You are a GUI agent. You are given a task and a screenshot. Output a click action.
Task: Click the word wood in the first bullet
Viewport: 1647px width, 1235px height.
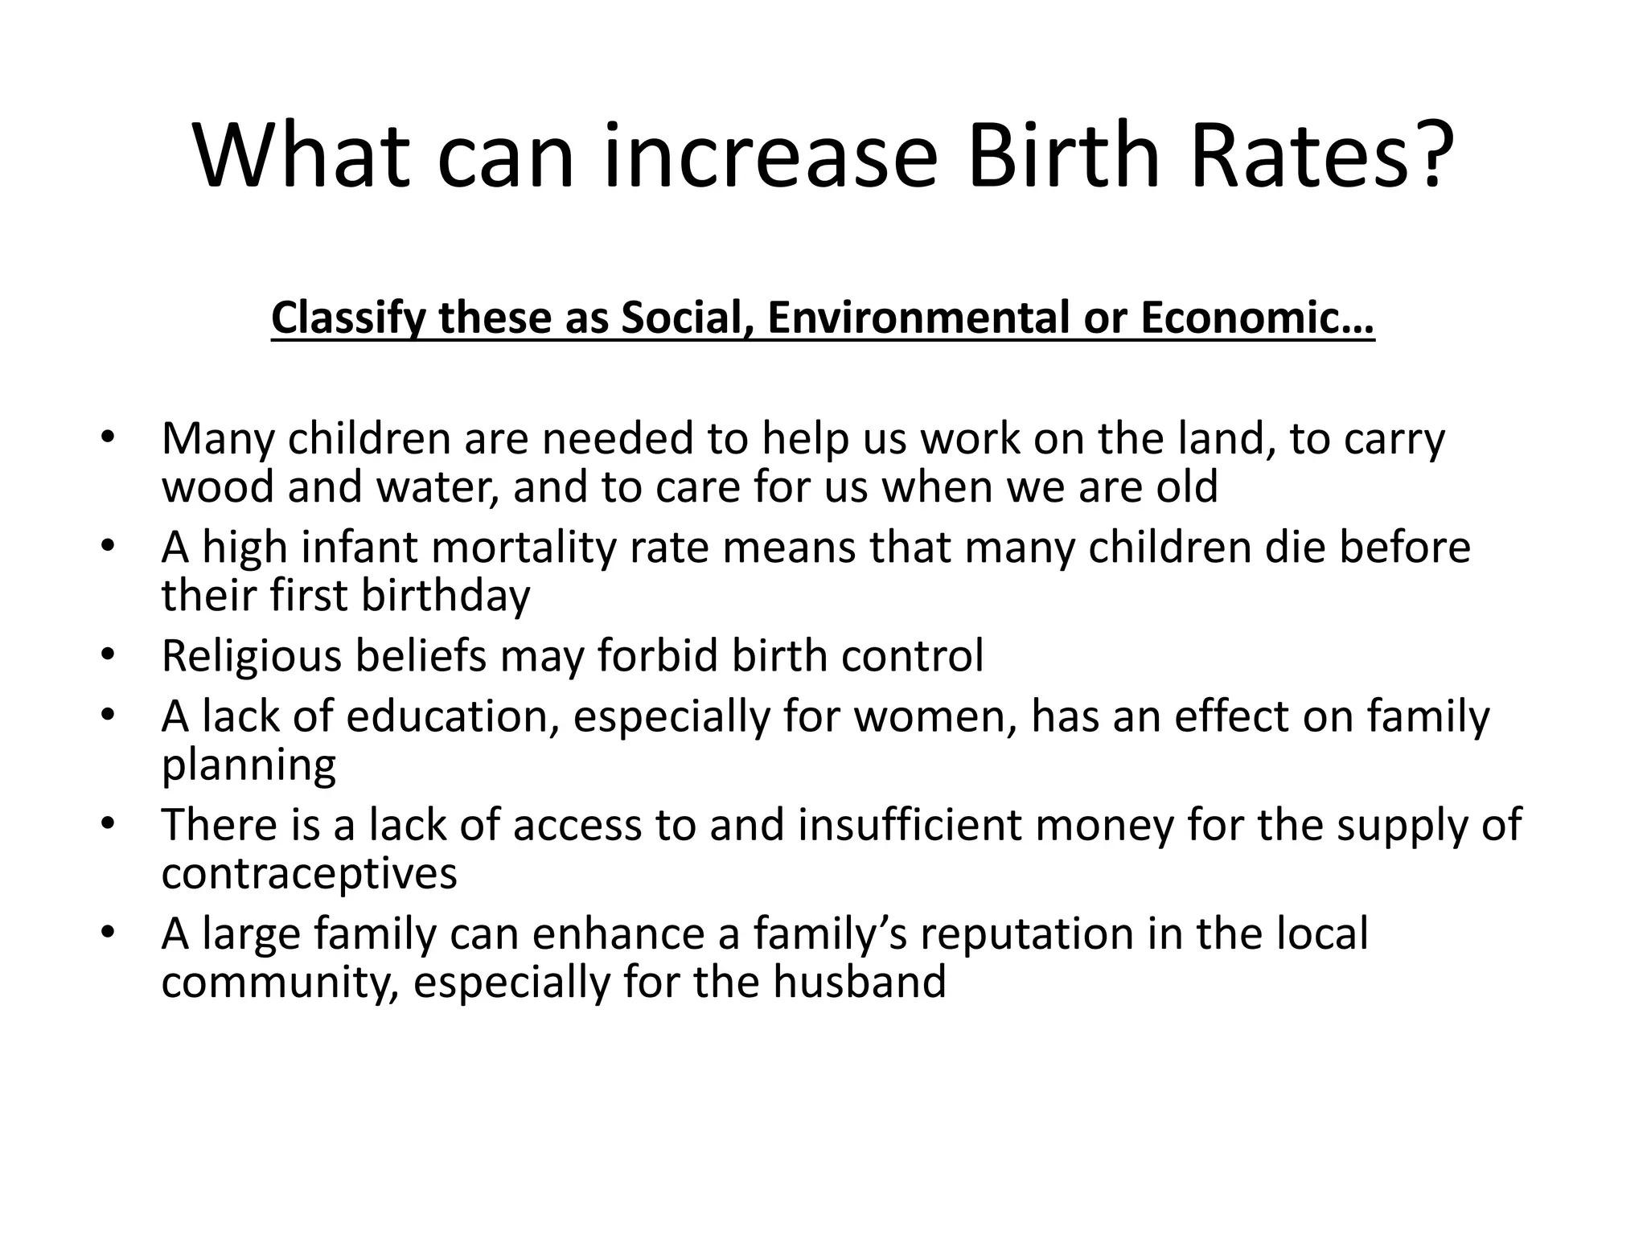(218, 487)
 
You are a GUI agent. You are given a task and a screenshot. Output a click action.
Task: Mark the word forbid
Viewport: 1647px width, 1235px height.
(658, 656)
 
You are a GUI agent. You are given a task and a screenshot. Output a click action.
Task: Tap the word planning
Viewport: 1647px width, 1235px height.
(248, 766)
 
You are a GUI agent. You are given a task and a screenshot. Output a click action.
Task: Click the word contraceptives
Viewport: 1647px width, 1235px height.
(309, 873)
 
